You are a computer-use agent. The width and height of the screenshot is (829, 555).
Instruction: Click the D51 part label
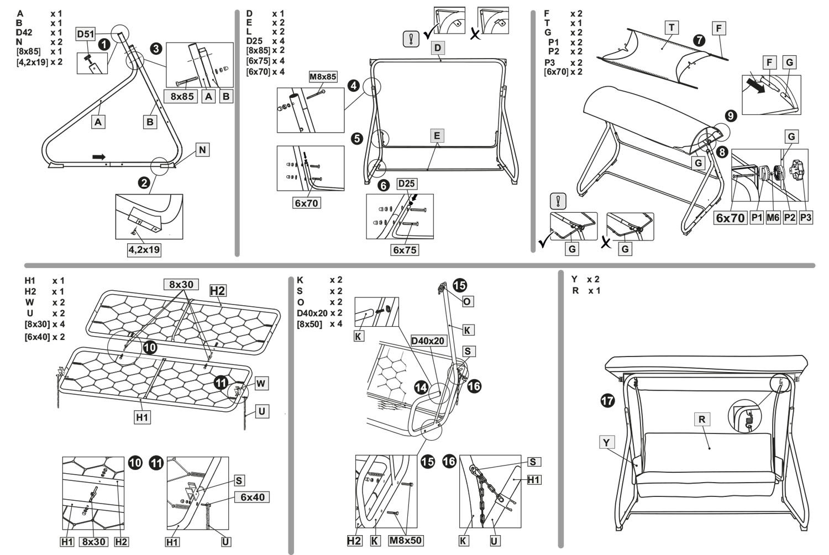[85, 34]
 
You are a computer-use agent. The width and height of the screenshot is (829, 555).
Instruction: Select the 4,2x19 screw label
[144, 249]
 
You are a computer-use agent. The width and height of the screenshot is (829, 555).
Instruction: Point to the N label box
[202, 150]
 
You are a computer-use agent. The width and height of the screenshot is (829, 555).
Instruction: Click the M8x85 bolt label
[323, 77]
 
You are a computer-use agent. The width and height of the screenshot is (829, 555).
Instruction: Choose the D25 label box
[406, 184]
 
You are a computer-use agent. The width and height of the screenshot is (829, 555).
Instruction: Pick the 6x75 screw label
[405, 250]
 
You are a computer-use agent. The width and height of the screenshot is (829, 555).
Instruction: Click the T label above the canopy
[671, 28]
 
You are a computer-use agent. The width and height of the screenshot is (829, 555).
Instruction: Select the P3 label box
[806, 218]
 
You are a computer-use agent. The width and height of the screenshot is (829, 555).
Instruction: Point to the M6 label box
[773, 218]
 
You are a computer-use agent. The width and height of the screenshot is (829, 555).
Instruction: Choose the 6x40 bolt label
[252, 497]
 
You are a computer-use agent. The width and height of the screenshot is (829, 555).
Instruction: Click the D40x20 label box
[428, 341]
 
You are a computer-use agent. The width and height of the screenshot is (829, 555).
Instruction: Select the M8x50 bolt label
[406, 540]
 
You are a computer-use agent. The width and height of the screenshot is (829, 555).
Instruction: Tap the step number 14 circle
[422, 388]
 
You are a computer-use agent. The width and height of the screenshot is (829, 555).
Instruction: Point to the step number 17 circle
[607, 400]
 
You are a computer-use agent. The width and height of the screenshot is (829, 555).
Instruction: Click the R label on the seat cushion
[701, 419]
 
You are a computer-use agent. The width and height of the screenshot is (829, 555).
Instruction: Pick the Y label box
[606, 442]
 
